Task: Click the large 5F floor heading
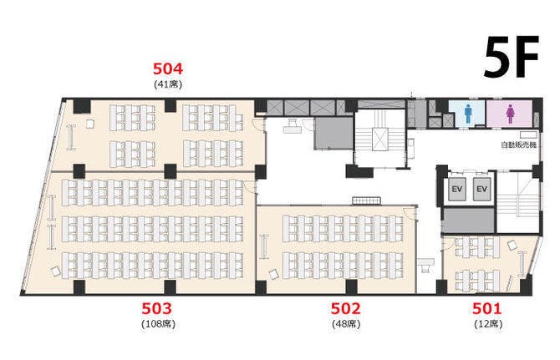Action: point(511,57)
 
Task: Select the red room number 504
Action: point(168,68)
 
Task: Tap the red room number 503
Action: point(156,308)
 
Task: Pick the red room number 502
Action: point(345,308)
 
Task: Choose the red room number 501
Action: point(487,308)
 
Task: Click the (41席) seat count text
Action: point(168,84)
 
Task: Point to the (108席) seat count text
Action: point(159,324)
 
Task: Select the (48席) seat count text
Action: point(346,324)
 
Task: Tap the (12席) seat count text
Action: point(488,324)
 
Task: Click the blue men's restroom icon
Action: point(468,114)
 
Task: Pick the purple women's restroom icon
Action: point(510,114)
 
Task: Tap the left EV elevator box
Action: point(457,189)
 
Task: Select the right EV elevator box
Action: point(481,189)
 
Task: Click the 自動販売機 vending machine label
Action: point(518,145)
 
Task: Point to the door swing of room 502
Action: point(410,212)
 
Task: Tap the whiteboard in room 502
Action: point(264,246)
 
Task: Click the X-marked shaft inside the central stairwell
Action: point(379,139)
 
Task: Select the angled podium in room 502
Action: point(273,274)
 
